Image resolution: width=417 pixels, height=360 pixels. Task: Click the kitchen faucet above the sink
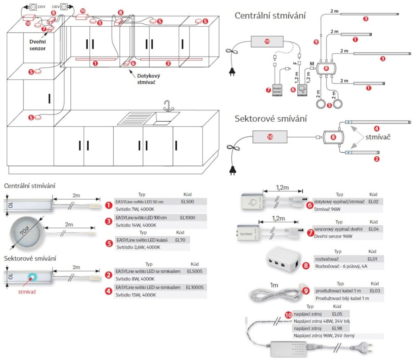click(168, 105)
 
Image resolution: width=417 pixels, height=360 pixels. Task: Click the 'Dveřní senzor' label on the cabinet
click(37, 45)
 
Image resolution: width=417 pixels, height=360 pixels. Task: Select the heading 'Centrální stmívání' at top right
click(270, 16)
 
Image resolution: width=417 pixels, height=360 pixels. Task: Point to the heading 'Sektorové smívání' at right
click(271, 119)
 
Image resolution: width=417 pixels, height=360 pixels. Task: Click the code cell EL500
click(187, 201)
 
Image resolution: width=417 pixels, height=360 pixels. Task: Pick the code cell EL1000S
click(194, 288)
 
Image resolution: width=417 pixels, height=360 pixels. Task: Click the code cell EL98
click(337, 328)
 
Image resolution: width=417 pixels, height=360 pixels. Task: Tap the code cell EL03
click(375, 291)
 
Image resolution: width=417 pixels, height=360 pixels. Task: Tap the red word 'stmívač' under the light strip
click(27, 292)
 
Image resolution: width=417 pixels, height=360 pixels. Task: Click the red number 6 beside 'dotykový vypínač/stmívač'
click(309, 205)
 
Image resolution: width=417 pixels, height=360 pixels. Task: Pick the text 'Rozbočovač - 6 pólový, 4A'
click(341, 266)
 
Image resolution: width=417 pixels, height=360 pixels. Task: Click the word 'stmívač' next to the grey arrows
click(378, 137)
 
